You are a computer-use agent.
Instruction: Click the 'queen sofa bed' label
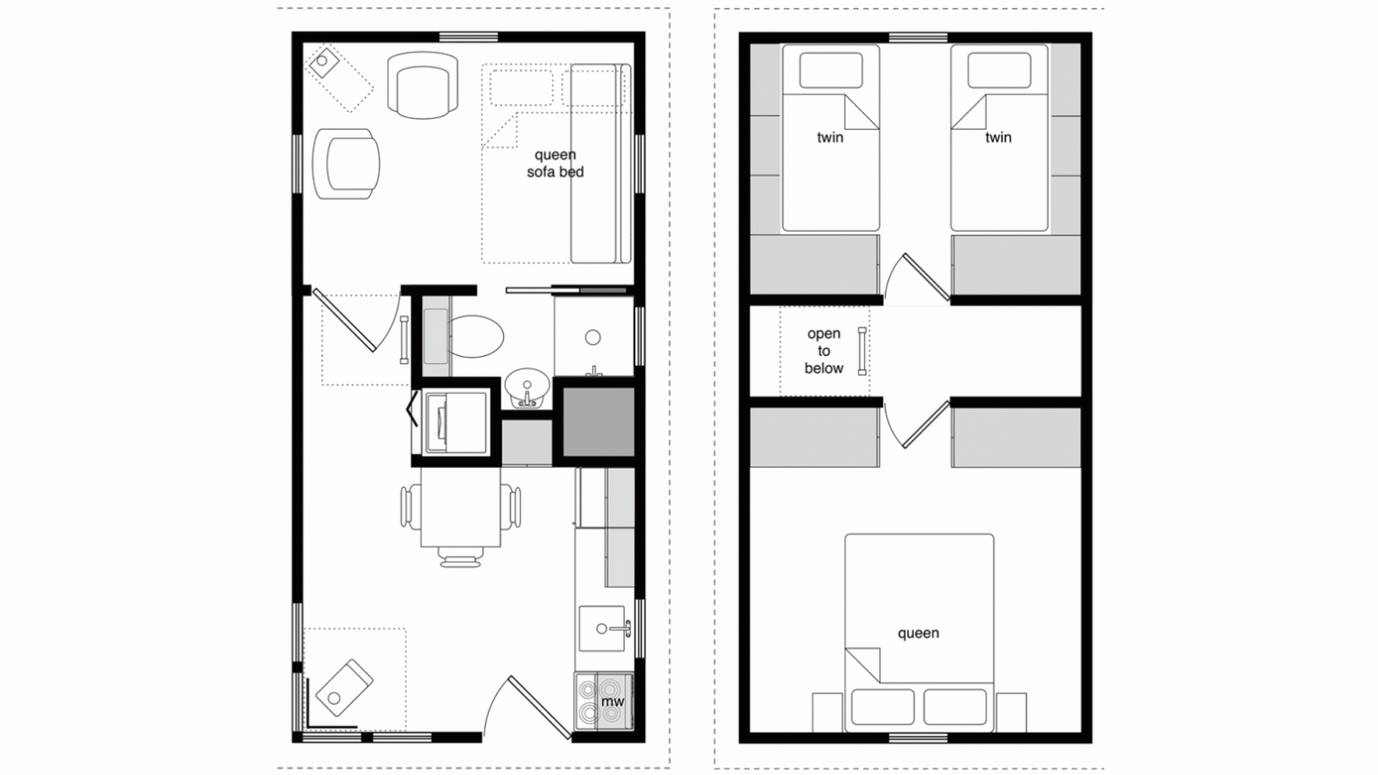(555, 164)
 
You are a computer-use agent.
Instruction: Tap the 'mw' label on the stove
(612, 701)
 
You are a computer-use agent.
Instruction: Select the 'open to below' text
(823, 351)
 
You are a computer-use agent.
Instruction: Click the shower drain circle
(593, 337)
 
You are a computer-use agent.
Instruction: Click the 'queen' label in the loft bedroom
(918, 633)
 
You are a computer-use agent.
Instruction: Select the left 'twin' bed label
(830, 137)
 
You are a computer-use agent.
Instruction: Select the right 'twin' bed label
(998, 137)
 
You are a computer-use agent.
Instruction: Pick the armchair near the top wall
(423, 85)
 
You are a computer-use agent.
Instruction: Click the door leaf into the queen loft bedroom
(927, 425)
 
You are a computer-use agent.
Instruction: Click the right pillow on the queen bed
(955, 707)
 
